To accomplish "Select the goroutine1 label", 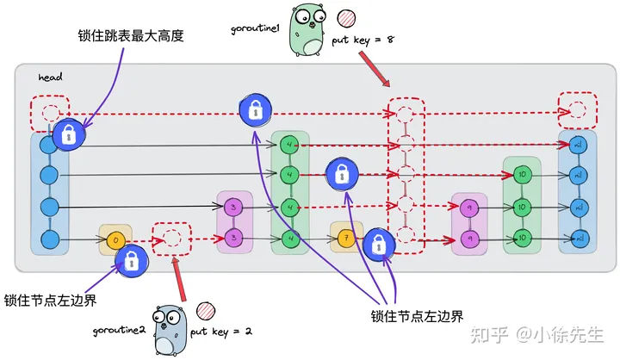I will click(255, 29).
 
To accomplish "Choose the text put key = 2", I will click(221, 331).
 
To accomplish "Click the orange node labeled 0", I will click(115, 238).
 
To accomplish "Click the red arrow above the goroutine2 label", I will click(181, 279).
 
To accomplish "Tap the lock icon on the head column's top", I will click(69, 134).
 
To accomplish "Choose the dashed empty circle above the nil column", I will click(577, 109).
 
